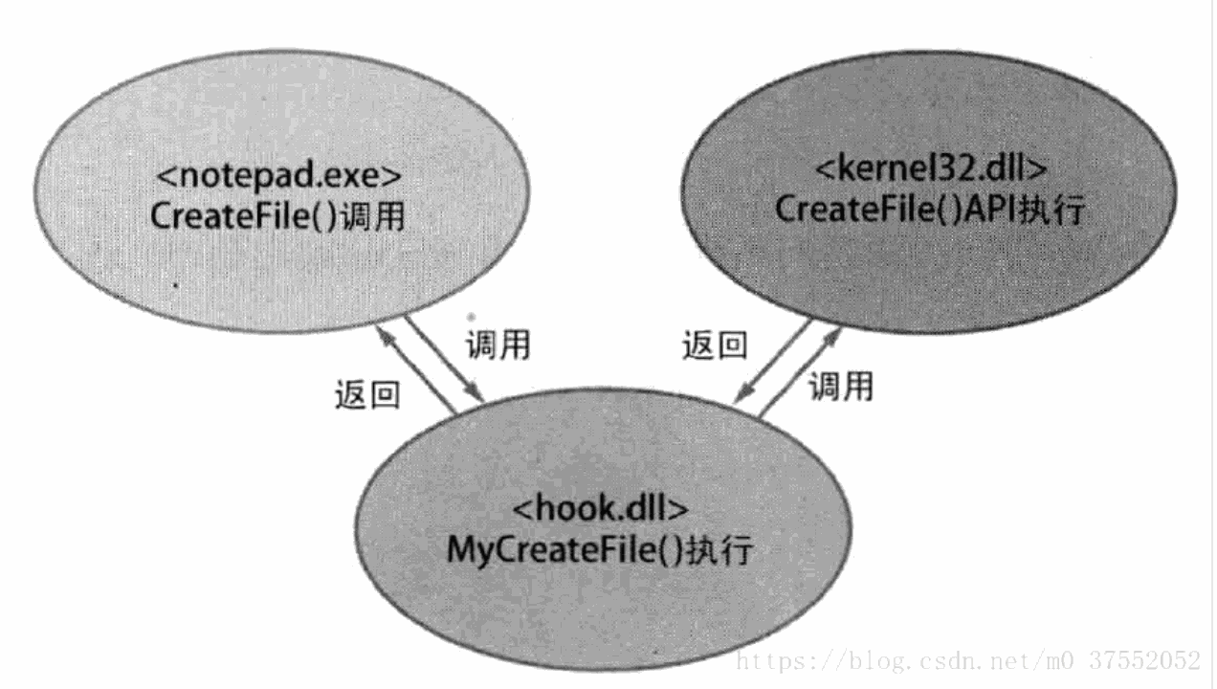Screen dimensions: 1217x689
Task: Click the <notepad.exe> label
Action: [278, 175]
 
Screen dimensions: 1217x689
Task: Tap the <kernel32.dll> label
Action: [931, 168]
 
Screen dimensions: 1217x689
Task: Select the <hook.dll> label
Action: [600, 508]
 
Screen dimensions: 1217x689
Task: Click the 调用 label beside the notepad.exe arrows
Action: [498, 345]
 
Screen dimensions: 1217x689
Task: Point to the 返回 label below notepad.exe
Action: [367, 394]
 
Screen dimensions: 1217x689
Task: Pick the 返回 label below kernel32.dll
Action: [715, 345]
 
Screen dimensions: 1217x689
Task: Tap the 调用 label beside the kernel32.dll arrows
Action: [841, 387]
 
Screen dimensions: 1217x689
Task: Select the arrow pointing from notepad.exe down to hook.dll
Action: [445, 359]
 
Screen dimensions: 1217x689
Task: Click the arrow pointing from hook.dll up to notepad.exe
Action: [416, 369]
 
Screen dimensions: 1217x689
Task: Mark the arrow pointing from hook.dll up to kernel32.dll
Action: [800, 373]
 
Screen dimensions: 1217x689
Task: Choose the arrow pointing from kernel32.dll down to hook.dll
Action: [772, 362]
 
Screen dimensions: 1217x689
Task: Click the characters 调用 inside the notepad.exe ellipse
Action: [372, 216]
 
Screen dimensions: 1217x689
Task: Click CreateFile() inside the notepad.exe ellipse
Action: [244, 216]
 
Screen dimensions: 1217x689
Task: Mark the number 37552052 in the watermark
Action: [1144, 660]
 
